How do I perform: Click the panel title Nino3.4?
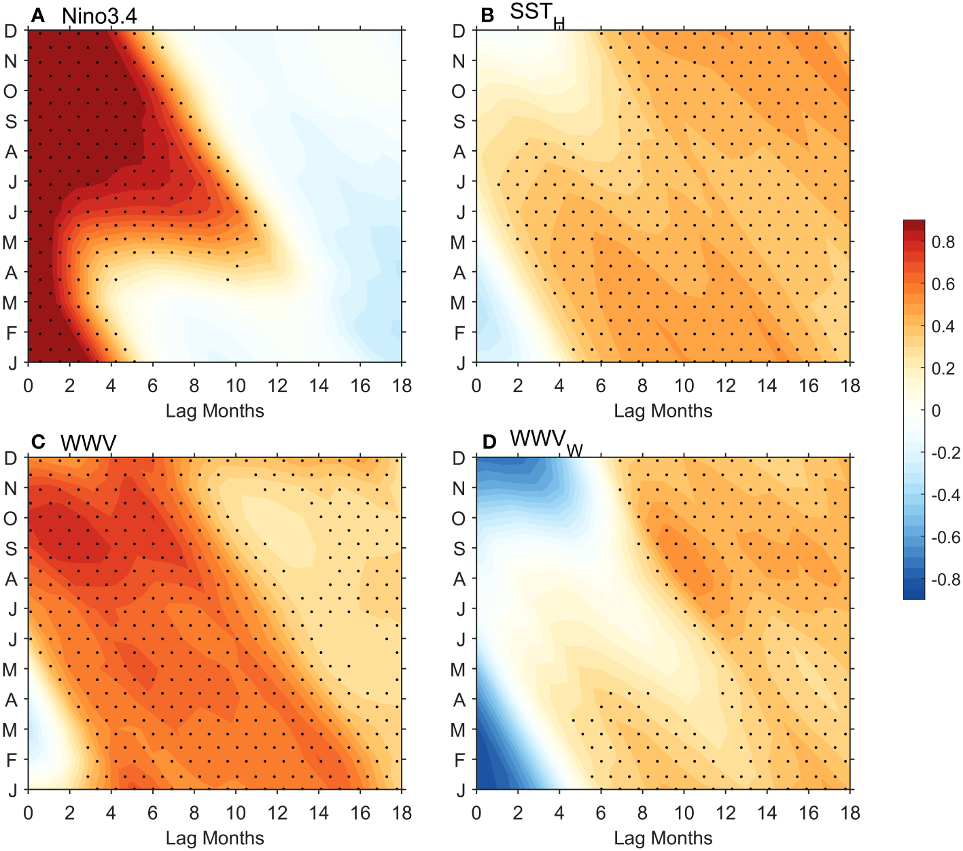pos(99,16)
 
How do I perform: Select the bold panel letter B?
pos(487,15)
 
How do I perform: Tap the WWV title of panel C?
pos(88,443)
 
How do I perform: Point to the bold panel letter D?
pos(489,442)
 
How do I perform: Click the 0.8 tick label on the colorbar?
pos(943,242)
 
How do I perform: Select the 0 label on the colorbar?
pos(936,411)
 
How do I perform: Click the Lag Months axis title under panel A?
pos(215,411)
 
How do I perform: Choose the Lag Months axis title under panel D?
pos(663,838)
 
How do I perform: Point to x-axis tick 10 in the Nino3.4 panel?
pos(235,386)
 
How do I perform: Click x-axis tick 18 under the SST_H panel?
pos(850,386)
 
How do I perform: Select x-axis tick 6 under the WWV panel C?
pos(152,813)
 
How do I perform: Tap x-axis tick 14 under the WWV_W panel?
pos(767,813)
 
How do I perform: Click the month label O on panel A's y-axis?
pos(11,92)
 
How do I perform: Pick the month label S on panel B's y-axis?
pos(459,122)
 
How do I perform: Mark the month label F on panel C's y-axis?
pos(11,760)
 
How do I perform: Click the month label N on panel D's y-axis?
pos(459,489)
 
